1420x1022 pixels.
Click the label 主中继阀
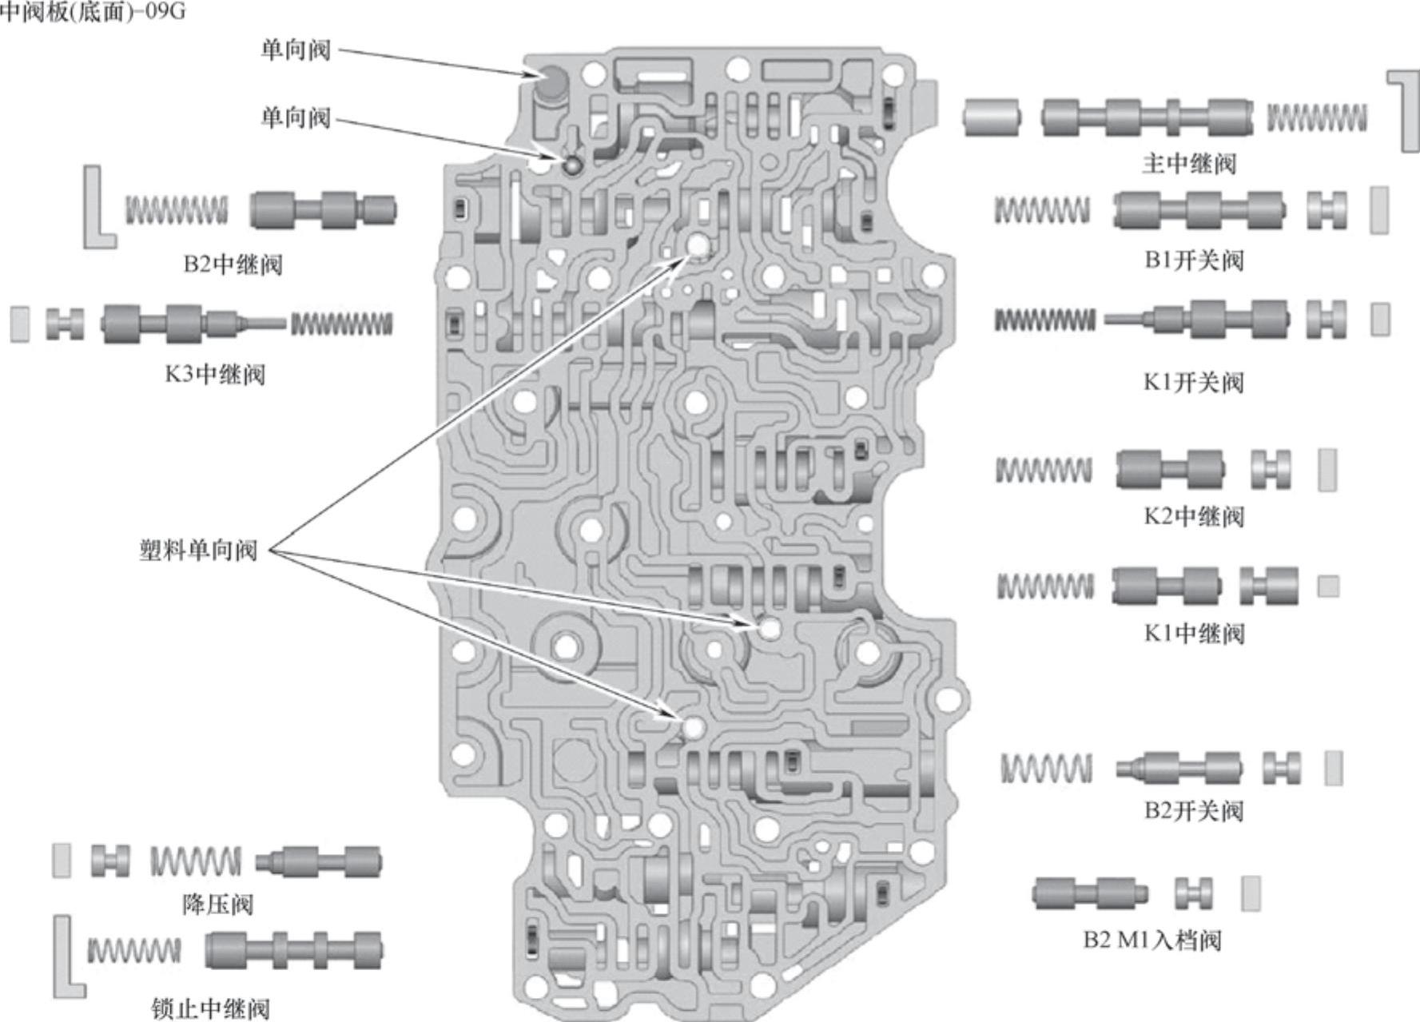(1188, 164)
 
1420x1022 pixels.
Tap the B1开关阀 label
(1194, 260)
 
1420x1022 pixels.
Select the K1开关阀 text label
(1194, 382)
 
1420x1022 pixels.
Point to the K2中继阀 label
(1194, 515)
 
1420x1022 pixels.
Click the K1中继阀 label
(1194, 633)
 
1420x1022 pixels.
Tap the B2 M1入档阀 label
(1152, 939)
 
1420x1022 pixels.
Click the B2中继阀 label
(233, 264)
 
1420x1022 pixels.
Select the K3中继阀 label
(214, 373)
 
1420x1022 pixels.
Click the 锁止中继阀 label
(210, 1008)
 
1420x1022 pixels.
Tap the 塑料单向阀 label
(197, 551)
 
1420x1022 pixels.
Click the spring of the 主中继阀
(1316, 118)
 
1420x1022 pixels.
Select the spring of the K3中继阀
(341, 324)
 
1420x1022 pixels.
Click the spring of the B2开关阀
(1046, 768)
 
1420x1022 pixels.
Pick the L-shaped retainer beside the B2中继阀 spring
(97, 208)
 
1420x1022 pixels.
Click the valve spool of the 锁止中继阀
(293, 950)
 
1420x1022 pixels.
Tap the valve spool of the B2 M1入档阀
(1089, 893)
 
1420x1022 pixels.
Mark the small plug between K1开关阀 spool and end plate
(1327, 319)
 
